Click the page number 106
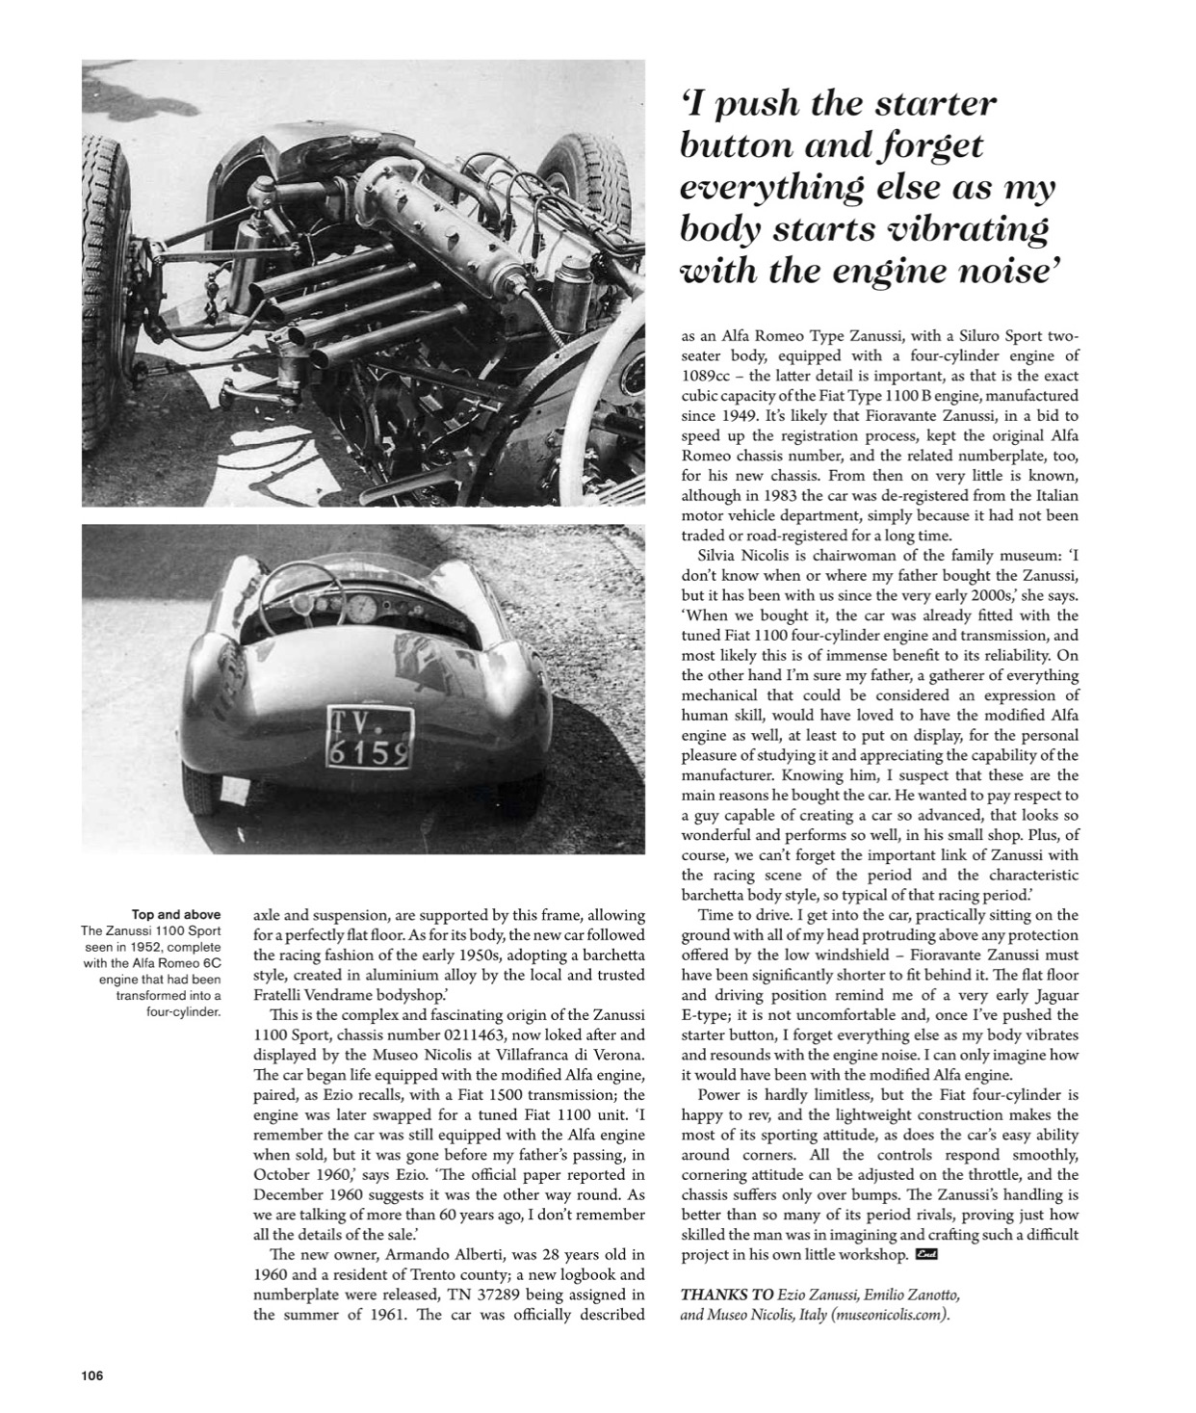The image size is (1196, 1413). coord(92,1375)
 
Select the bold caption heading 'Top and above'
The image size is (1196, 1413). coord(175,914)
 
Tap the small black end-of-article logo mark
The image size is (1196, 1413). coord(927,1254)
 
